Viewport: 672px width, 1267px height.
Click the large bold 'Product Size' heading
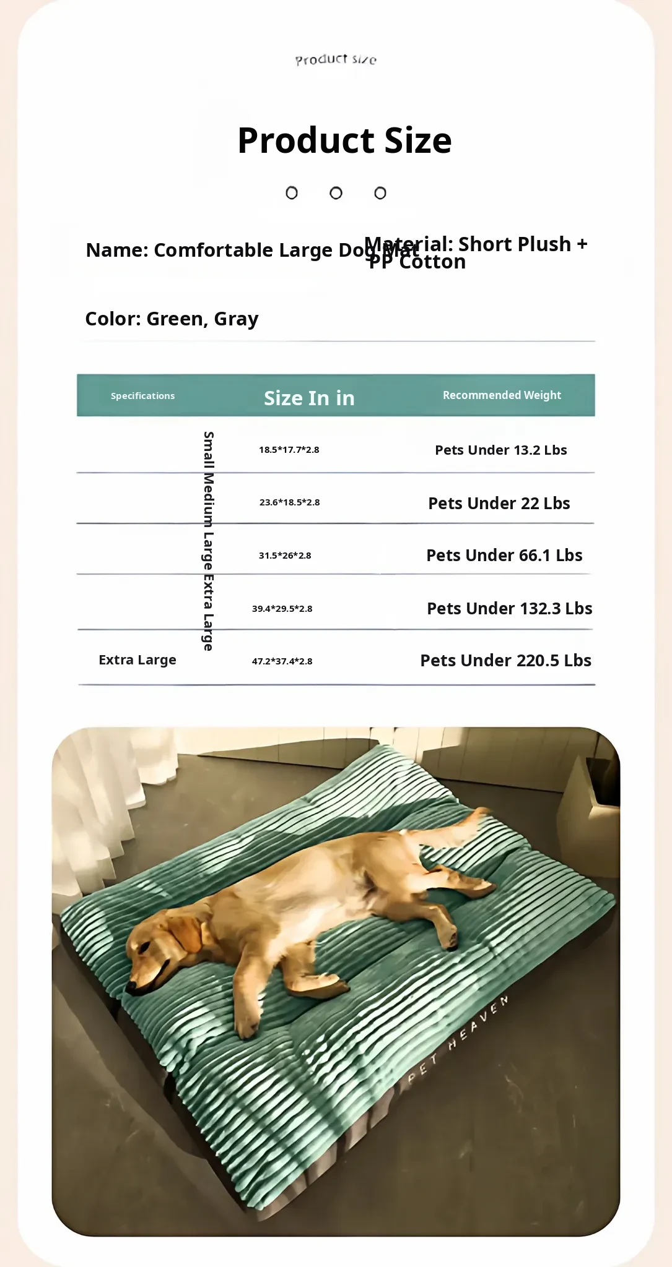pyautogui.click(x=344, y=140)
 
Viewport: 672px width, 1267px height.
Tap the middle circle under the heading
pyautogui.click(x=336, y=193)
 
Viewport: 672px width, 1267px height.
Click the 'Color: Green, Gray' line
pyautogui.click(x=172, y=319)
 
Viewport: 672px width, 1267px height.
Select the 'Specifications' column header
pyautogui.click(x=142, y=396)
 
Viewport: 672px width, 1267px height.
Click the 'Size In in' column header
pyautogui.click(x=309, y=398)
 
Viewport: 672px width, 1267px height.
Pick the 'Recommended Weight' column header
pyautogui.click(x=502, y=395)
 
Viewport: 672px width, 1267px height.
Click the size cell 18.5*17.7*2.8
pyautogui.click(x=289, y=450)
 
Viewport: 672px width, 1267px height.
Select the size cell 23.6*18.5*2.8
pyautogui.click(x=289, y=502)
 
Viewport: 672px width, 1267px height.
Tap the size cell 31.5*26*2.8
pyautogui.click(x=285, y=556)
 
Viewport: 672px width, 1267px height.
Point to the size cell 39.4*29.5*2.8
pyautogui.click(x=282, y=609)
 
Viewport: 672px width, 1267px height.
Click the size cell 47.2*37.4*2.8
pyautogui.click(x=282, y=661)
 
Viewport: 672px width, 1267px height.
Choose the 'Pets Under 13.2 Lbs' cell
pyautogui.click(x=500, y=450)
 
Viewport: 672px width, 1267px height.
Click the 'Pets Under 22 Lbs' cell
pyautogui.click(x=499, y=503)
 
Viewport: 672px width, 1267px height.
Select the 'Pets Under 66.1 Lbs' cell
pyautogui.click(x=504, y=556)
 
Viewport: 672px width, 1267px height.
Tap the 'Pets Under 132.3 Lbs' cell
pyautogui.click(x=509, y=609)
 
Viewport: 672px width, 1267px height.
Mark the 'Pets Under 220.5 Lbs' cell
pyautogui.click(x=505, y=661)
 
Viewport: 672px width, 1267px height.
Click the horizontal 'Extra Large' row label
pyautogui.click(x=137, y=660)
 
